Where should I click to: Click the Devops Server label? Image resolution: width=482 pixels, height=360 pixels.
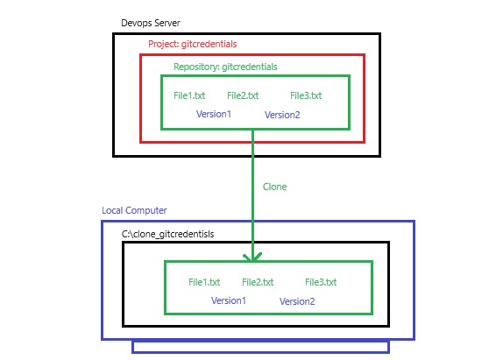point(151,23)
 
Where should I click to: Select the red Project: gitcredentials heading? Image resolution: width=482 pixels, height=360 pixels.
point(193,44)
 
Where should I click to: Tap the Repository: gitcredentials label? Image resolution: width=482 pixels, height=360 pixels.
point(225,67)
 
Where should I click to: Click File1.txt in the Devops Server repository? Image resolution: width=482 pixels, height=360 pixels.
point(189,95)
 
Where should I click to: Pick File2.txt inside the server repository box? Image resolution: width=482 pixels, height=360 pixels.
point(243,95)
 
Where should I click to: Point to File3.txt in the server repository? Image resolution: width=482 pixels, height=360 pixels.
point(306,95)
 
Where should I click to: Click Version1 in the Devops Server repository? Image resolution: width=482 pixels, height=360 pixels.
point(214,114)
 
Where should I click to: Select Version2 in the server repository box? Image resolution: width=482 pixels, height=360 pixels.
point(282,115)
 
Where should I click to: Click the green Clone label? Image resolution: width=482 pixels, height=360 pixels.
point(274,187)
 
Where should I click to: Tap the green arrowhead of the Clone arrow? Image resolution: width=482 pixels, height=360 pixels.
point(252,258)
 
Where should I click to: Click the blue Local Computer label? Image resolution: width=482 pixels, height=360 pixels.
point(134,210)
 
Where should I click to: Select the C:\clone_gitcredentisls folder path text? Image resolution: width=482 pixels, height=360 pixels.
point(168,234)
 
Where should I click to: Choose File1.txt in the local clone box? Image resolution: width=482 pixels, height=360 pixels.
point(204,282)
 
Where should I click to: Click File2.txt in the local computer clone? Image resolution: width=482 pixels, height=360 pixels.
point(258,282)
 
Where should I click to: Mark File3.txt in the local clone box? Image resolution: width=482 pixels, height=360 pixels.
point(321,282)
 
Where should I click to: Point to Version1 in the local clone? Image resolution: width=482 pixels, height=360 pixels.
point(229,300)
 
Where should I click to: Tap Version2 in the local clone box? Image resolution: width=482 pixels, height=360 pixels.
point(297,301)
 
